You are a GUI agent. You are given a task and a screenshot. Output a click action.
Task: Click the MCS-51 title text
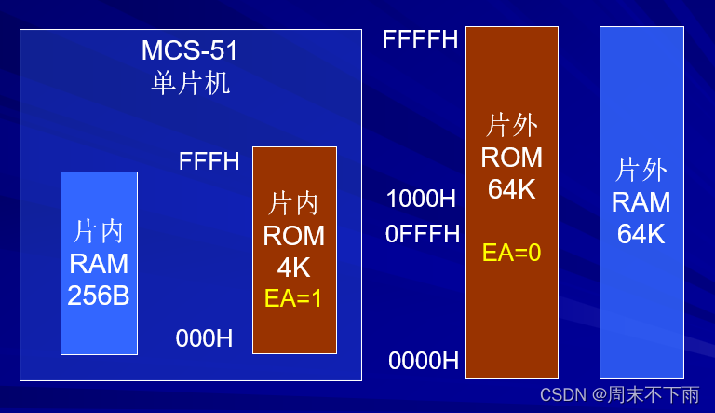point(191,49)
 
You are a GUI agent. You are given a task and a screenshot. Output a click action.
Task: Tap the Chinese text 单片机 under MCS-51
point(191,83)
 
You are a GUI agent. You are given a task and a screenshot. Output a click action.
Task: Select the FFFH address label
point(209,161)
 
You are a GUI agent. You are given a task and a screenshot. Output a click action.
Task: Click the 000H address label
point(205,338)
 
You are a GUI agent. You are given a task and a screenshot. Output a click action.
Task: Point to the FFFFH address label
point(420,40)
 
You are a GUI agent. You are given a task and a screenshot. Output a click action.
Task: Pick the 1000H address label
point(421,199)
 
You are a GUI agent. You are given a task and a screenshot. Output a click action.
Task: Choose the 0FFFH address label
point(423,234)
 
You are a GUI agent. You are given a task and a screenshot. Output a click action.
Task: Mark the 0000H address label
point(424,361)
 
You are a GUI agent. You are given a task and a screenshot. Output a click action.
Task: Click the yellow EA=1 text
point(293,298)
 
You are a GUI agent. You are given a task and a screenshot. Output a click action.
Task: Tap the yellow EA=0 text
point(511,253)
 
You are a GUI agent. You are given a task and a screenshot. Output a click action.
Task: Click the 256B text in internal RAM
point(99,296)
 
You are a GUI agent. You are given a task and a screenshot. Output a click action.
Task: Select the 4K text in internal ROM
point(293,268)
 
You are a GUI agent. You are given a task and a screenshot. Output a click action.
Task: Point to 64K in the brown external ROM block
point(511,189)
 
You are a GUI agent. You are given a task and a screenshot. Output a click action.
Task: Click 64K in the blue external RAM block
point(641,234)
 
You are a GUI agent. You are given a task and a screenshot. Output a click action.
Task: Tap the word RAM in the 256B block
point(99,264)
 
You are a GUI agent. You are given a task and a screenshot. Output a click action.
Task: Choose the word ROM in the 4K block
point(293,236)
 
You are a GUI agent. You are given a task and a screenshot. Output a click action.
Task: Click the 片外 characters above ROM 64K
point(511,125)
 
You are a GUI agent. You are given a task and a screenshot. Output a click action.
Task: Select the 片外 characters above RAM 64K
point(641,170)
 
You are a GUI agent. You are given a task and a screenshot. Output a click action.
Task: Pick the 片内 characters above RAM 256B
point(99,231)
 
